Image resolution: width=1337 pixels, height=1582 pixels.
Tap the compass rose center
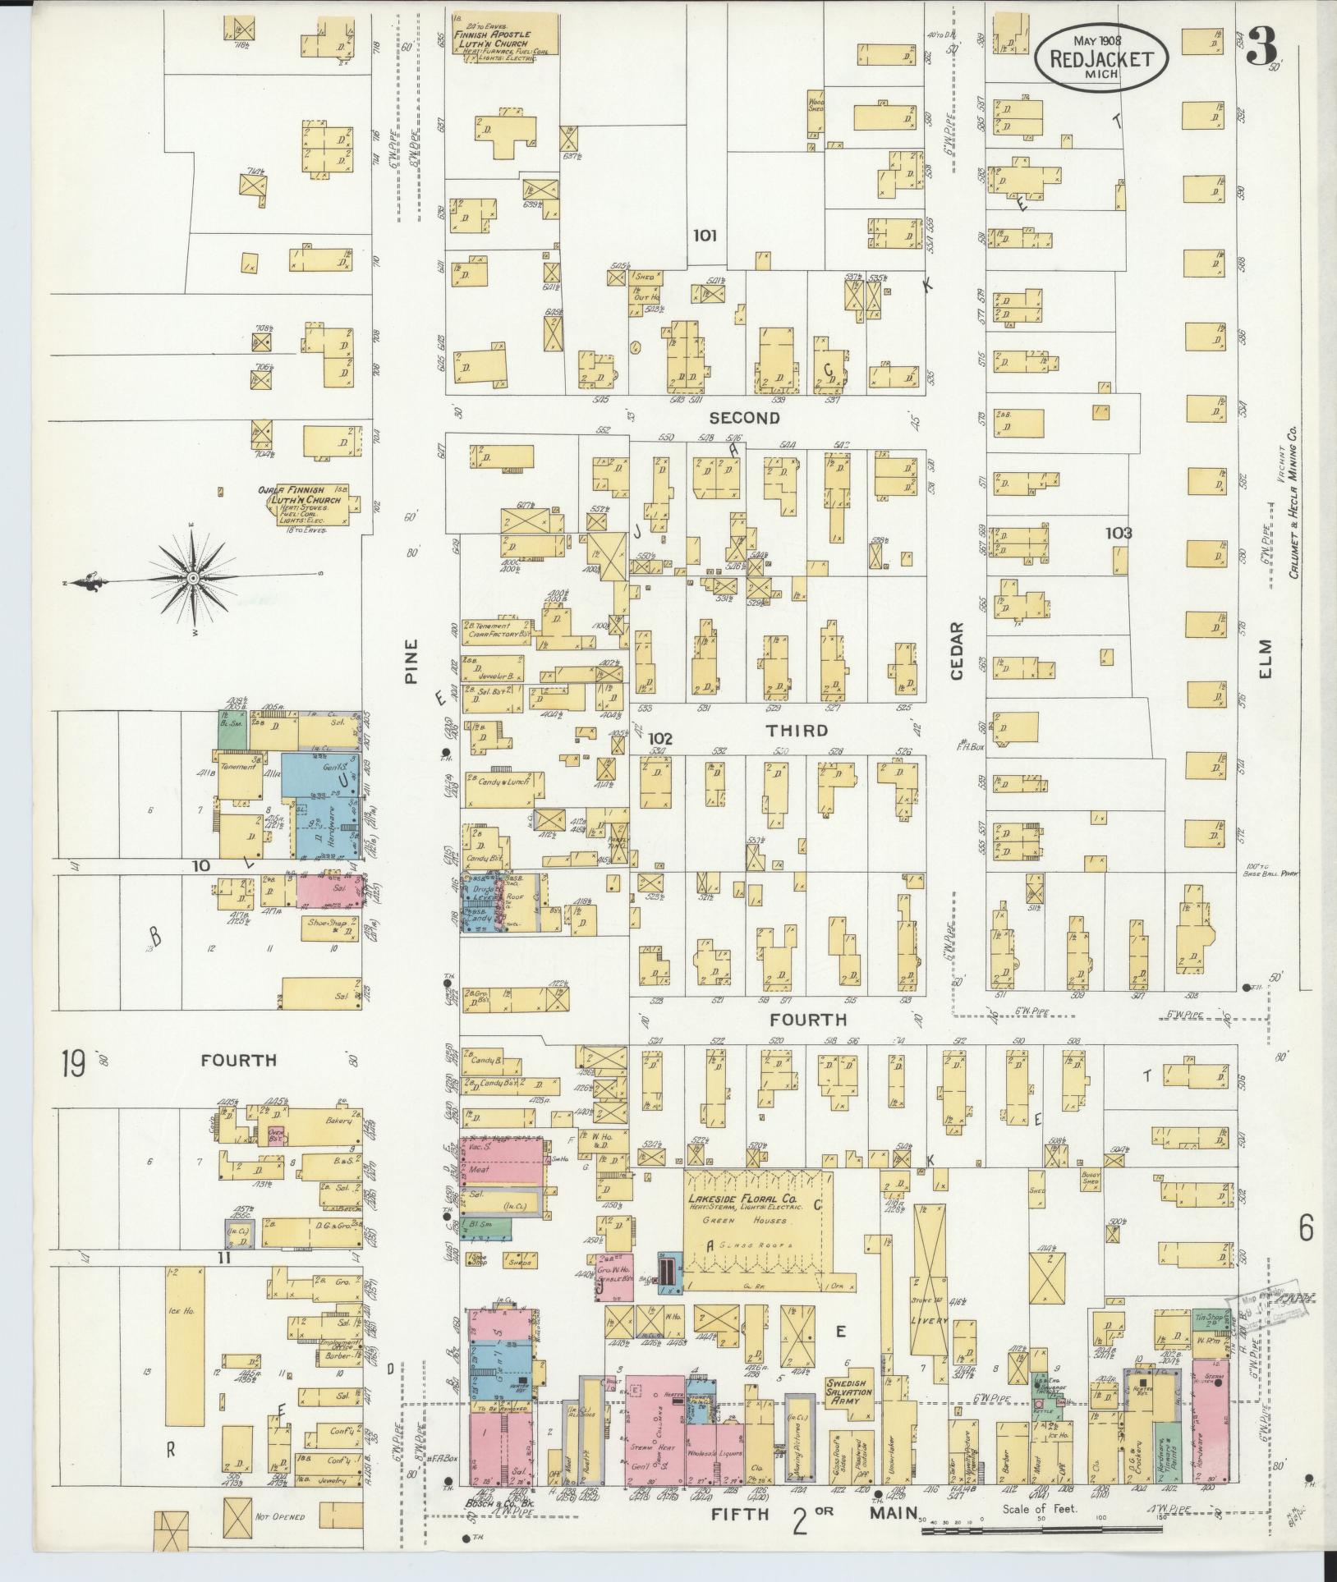pos(193,579)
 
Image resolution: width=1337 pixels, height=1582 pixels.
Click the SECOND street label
pos(744,418)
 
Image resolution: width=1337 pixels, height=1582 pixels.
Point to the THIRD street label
pos(797,730)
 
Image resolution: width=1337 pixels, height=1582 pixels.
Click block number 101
pos(705,236)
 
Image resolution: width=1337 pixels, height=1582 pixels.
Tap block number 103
pos(1118,533)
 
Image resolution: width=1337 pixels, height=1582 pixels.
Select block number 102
pos(659,738)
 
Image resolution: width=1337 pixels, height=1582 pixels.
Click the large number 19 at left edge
pos(73,1066)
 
